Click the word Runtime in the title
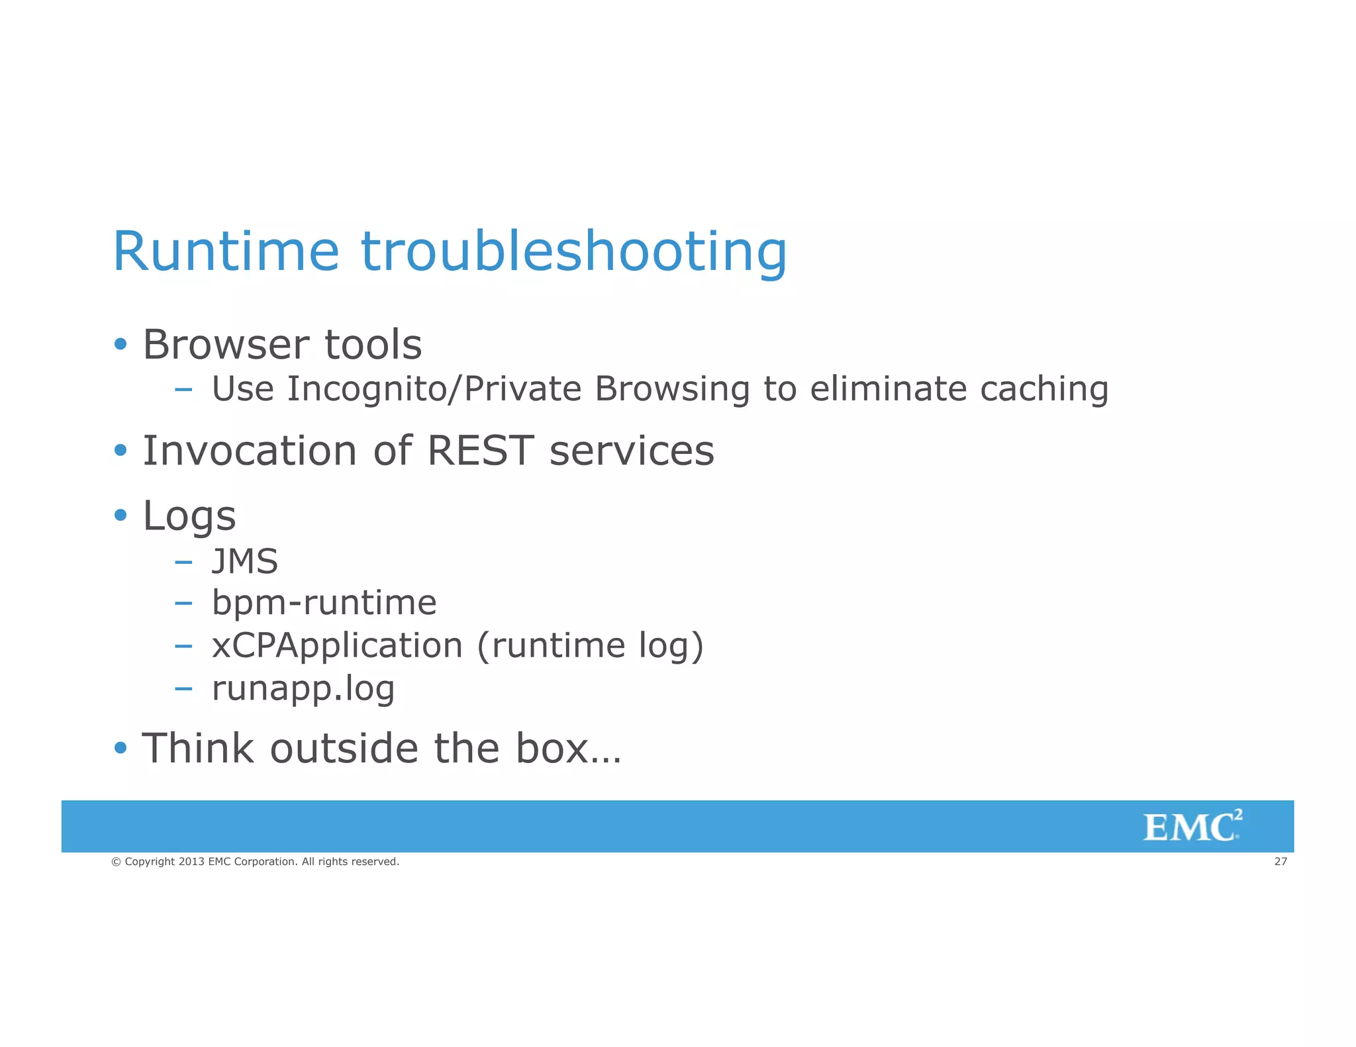click(225, 251)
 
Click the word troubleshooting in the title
click(573, 253)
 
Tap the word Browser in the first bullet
click(226, 345)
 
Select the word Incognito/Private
click(434, 389)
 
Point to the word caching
click(1043, 389)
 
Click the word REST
click(480, 451)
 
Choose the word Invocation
click(250, 451)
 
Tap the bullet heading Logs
click(189, 516)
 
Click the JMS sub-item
click(244, 562)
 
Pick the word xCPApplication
click(336, 647)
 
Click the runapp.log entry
click(303, 690)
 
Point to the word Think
click(198, 749)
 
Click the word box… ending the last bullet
click(568, 749)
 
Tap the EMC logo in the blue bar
click(1192, 827)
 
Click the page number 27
click(1281, 861)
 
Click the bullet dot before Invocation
click(120, 451)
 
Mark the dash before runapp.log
click(183, 689)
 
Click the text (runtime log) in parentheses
click(589, 647)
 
